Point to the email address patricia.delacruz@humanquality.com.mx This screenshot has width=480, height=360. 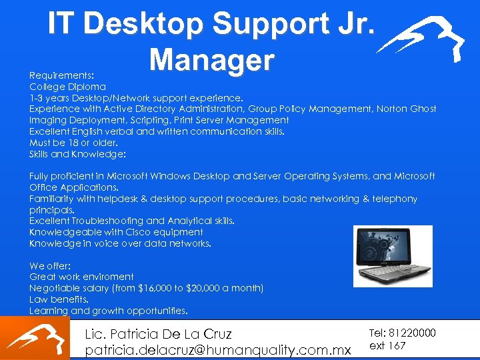pos(218,349)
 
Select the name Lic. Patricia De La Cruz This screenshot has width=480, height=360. pos(158,333)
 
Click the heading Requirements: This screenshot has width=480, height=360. pos(61,75)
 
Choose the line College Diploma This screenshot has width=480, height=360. pos(67,87)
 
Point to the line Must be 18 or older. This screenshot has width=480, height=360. pos(73,143)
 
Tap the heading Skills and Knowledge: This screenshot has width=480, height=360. pos(77,154)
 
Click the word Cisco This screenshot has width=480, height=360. pos(140,232)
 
